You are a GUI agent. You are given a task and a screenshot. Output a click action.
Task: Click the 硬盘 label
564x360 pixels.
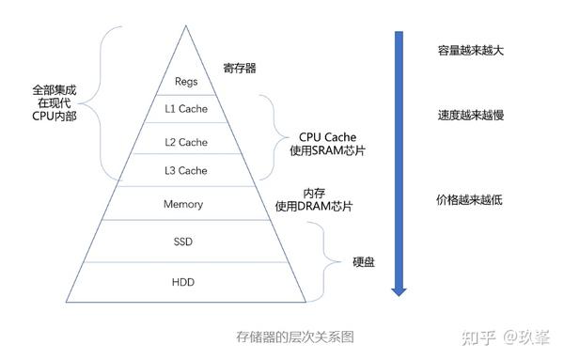click(364, 261)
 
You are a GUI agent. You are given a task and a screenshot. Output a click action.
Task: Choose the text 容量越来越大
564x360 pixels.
click(470, 50)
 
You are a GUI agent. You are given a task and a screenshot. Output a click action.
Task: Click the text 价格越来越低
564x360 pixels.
click(470, 200)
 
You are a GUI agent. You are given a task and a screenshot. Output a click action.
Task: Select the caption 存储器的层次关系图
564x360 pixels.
click(294, 337)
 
